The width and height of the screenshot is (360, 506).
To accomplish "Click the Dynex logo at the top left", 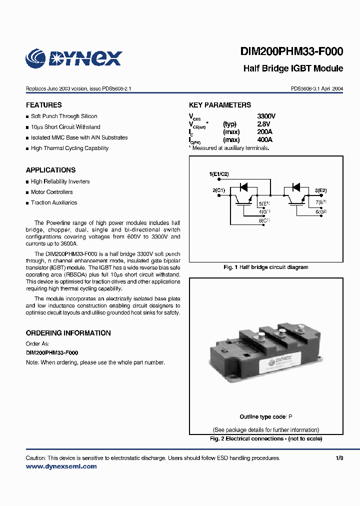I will [x=73, y=58].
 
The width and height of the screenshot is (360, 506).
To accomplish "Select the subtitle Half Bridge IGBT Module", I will [x=293, y=68].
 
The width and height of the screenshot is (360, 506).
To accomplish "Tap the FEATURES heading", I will [x=44, y=105].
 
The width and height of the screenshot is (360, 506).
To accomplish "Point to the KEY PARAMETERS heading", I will [x=220, y=105].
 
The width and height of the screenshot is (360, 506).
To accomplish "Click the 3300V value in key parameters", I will [x=266, y=116].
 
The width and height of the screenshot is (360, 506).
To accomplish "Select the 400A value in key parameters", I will [x=265, y=140].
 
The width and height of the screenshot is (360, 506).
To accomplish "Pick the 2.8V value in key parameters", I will [x=263, y=124].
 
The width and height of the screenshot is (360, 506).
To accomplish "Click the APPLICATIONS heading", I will [x=50, y=170].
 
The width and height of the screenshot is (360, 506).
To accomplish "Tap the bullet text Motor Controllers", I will [x=51, y=192].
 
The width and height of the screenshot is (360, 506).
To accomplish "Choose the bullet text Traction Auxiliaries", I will [x=54, y=202].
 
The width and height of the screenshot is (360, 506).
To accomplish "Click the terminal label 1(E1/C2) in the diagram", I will [x=218, y=174].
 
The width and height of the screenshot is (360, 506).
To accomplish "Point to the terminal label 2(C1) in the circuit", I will [x=219, y=190].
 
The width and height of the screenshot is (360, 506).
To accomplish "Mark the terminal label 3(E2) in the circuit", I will [x=320, y=190].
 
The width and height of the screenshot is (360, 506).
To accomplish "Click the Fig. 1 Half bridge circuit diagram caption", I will [x=265, y=267].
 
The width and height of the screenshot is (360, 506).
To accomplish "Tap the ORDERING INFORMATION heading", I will [x=68, y=333].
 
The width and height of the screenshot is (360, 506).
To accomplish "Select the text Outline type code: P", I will [x=265, y=417].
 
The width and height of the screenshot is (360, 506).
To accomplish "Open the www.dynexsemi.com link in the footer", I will [x=61, y=466].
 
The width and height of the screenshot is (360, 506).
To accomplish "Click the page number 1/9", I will [x=339, y=458].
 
